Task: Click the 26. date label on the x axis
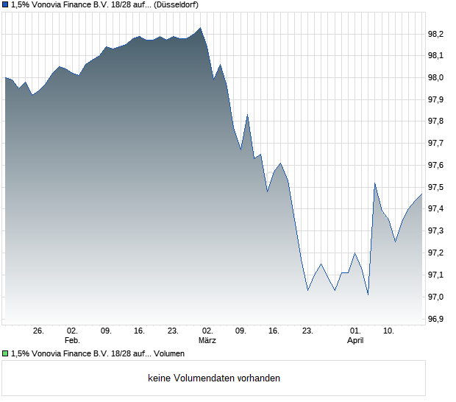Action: tap(38, 331)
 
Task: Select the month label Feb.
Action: tap(71, 341)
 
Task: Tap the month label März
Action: tap(207, 341)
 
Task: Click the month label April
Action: tap(355, 341)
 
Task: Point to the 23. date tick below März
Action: tap(307, 331)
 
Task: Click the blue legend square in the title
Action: tap(6, 4)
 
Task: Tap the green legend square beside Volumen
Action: tap(6, 354)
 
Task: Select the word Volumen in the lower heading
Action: tap(168, 354)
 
